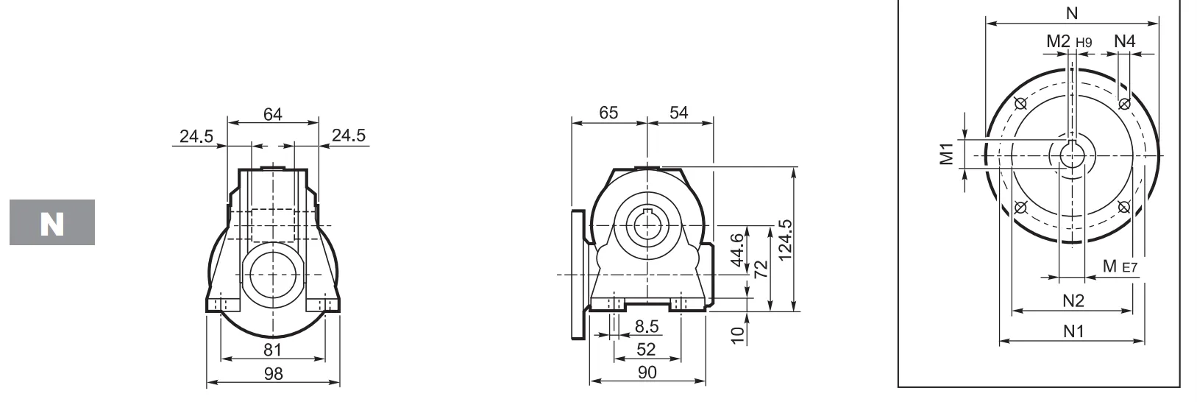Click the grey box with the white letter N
(x=52, y=222)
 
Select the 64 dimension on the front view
(x=273, y=114)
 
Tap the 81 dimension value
(x=273, y=350)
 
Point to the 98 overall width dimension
(x=273, y=373)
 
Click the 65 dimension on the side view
(x=608, y=113)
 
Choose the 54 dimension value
(x=679, y=113)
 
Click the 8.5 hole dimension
(x=647, y=326)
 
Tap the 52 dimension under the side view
(x=646, y=349)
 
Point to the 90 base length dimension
(x=647, y=373)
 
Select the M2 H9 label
(x=1068, y=43)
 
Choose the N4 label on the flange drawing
(x=1125, y=42)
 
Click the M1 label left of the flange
(x=947, y=154)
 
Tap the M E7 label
(x=1120, y=267)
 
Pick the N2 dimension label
(x=1073, y=300)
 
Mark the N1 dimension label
(x=1073, y=331)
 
